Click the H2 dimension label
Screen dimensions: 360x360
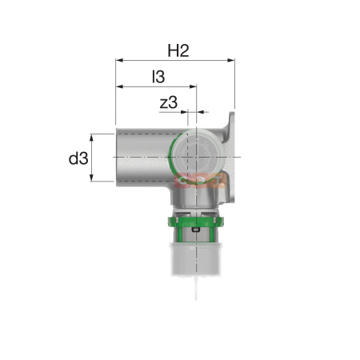click(x=178, y=50)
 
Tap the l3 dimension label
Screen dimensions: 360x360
click(x=158, y=77)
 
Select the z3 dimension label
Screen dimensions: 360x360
click(x=169, y=102)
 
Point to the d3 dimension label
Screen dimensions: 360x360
click(x=78, y=158)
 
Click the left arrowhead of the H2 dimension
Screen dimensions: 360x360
click(x=119, y=60)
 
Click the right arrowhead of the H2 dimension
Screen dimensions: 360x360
click(x=231, y=60)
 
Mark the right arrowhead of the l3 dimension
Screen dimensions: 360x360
click(x=193, y=86)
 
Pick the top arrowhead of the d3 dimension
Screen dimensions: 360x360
click(x=91, y=138)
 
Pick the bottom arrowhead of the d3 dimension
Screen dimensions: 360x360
click(x=91, y=178)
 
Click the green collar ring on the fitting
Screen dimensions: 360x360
click(x=196, y=221)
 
